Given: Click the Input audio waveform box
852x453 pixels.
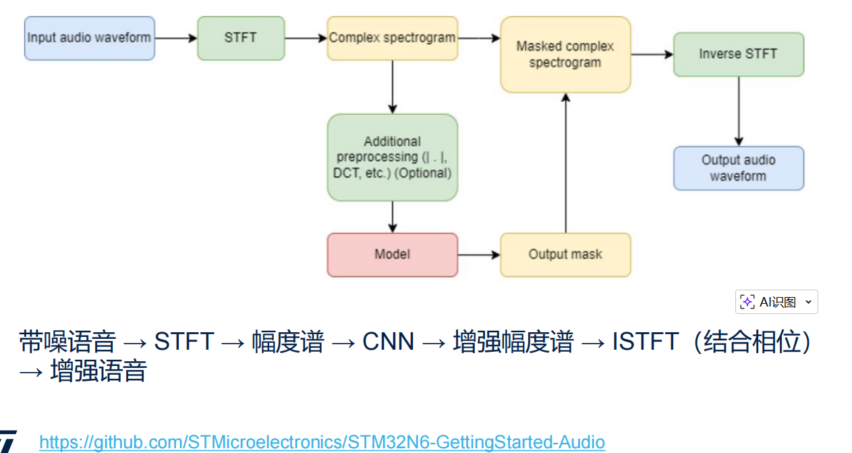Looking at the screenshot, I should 90,38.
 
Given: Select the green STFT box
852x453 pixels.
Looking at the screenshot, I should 241,38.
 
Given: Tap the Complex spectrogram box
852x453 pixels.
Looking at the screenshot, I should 392,38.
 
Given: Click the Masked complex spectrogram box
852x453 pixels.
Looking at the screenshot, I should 565,54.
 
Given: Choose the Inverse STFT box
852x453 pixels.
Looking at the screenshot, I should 738,54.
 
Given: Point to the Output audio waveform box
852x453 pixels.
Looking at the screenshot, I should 738,168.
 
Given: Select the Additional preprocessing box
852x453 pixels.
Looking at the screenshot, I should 392,157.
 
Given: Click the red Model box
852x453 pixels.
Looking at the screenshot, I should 392,255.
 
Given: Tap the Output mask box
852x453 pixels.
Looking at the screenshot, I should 565,255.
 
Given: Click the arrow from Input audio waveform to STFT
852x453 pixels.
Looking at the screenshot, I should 176,38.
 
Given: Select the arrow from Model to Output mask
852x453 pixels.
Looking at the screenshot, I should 479,255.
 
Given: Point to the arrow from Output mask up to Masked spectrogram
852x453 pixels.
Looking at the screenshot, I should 566,162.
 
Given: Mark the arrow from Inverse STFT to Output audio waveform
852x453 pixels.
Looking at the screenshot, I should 739,111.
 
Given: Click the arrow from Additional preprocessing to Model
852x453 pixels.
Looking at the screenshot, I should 393,217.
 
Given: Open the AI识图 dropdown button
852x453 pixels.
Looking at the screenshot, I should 776,302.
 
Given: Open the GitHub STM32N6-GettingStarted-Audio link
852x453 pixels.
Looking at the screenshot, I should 322,442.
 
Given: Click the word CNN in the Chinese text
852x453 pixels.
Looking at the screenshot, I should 388,342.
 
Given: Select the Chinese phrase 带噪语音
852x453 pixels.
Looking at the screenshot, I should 67,342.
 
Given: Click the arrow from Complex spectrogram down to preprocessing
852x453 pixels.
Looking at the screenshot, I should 393,86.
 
